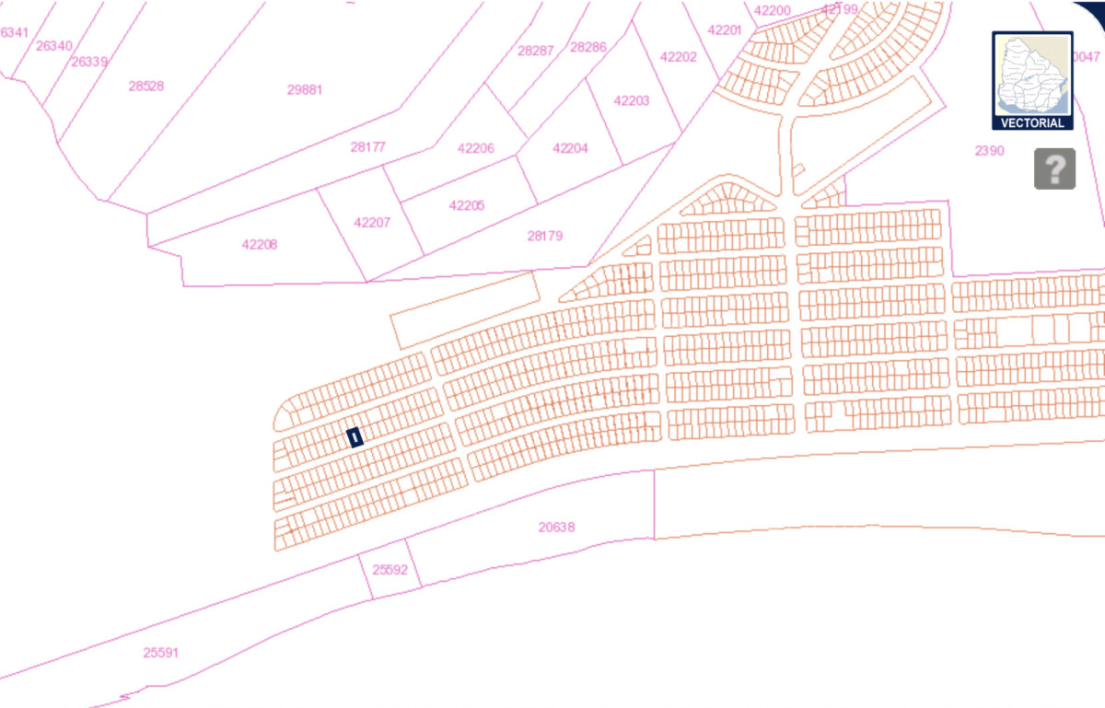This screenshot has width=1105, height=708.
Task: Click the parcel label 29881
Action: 305,90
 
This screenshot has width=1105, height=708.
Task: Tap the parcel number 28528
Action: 146,87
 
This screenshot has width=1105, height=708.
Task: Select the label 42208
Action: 260,245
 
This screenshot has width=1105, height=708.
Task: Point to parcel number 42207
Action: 372,223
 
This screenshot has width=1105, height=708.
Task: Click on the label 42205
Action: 467,205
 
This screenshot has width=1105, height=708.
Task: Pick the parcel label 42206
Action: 475,148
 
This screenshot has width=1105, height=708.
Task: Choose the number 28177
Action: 368,146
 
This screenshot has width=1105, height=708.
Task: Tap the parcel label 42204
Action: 570,148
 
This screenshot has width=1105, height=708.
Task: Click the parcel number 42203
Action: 632,101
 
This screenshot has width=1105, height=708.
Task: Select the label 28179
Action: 545,237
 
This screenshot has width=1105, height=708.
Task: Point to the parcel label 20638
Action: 556,528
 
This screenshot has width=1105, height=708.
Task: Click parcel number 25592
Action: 390,570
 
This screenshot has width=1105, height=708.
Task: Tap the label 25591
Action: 161,653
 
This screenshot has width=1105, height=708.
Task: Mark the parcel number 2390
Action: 991,150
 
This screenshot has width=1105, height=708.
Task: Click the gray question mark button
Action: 1054,168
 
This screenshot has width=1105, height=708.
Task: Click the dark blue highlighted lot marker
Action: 354,436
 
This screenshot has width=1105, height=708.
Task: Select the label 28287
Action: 535,51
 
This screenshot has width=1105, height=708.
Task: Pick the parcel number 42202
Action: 679,56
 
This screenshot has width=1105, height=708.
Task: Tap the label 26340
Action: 54,46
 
